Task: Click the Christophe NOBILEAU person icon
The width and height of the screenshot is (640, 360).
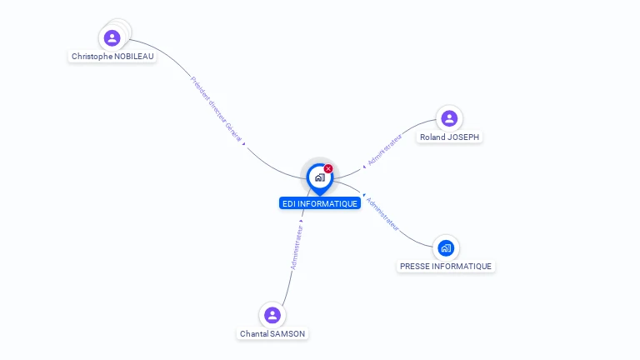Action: pyautogui.click(x=112, y=37)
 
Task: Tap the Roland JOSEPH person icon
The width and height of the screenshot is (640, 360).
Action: pyautogui.click(x=449, y=118)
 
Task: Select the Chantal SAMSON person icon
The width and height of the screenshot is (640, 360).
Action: pyautogui.click(x=272, y=315)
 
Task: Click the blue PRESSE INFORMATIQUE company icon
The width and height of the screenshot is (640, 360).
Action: pyautogui.click(x=446, y=247)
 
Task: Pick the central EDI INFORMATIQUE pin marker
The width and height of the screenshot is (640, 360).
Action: pyautogui.click(x=319, y=177)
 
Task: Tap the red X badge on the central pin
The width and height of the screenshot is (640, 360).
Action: pyautogui.click(x=328, y=169)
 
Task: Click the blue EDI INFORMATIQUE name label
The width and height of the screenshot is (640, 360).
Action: pyautogui.click(x=320, y=203)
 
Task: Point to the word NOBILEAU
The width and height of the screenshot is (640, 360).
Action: pyautogui.click(x=133, y=57)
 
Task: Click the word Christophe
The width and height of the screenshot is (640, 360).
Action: pyautogui.click(x=92, y=57)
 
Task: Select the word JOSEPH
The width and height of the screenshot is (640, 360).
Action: pyautogui.click(x=464, y=137)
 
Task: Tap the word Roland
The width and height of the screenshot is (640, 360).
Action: pyautogui.click(x=433, y=137)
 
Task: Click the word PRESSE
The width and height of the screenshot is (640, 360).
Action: pyautogui.click(x=415, y=267)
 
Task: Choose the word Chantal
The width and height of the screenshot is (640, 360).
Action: pyautogui.click(x=255, y=333)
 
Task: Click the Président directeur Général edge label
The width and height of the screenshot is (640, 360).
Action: pyautogui.click(x=216, y=108)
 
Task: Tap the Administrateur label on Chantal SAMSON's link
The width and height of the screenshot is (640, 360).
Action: pyautogui.click(x=295, y=247)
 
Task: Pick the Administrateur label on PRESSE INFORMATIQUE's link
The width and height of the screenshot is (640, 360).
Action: pyautogui.click(x=383, y=213)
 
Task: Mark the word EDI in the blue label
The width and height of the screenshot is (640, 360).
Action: pyautogui.click(x=289, y=203)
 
